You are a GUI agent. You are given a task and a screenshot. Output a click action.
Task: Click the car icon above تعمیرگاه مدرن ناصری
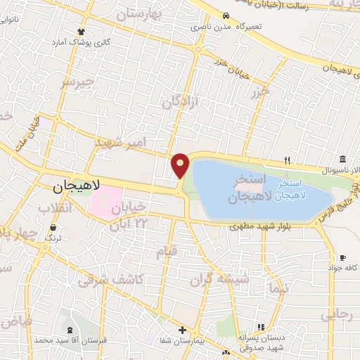click(225, 16)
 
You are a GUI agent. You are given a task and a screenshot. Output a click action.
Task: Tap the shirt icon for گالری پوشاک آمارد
click(82, 32)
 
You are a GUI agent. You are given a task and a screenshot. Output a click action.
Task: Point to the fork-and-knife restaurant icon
click(286, 160)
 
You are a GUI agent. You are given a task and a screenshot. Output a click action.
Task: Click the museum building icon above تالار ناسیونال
click(342, 157)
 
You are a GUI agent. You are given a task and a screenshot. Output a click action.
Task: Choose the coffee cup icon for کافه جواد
click(342, 258)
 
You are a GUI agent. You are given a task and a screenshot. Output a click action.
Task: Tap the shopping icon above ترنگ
click(54, 227)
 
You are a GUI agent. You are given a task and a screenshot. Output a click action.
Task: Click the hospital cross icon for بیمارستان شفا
click(182, 330)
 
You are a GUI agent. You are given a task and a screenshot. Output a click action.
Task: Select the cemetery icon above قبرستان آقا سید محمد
click(69, 329)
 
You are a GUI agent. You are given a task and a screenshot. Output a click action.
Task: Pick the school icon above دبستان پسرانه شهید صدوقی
click(261, 328)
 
